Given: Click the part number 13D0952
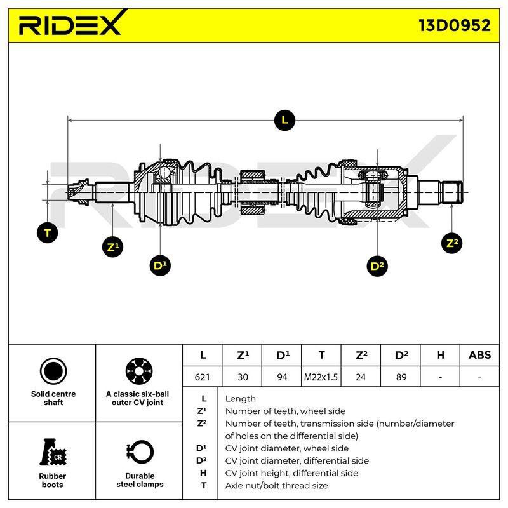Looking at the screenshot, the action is pos(455,25).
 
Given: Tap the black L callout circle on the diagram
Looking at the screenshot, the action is pos(284,120).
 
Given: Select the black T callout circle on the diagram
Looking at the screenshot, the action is pos(47,232).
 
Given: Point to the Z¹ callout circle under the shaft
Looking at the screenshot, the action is pos(112,247).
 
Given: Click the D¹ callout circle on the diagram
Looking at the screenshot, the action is pos(160,265).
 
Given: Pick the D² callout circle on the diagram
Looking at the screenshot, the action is pos(377,266).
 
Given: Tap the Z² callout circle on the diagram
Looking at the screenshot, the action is pos(452,243).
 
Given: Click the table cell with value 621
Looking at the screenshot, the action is pos(202,377).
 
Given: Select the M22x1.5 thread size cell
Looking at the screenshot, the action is pos(321,377).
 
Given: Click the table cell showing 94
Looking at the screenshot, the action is pos(281,377).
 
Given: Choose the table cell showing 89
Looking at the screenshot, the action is pos(401,377).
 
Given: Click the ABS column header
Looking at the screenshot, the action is pos(479,355).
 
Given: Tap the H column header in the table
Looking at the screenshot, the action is pos(440,355).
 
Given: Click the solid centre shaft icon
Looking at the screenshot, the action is pos(53,371).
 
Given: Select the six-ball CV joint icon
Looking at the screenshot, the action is pos(139,371).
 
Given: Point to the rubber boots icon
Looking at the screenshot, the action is pos(53,452).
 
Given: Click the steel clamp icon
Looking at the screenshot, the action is pos(140,453).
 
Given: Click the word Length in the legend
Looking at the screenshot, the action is pos(241,399).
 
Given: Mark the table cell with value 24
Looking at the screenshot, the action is pos(361,377).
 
